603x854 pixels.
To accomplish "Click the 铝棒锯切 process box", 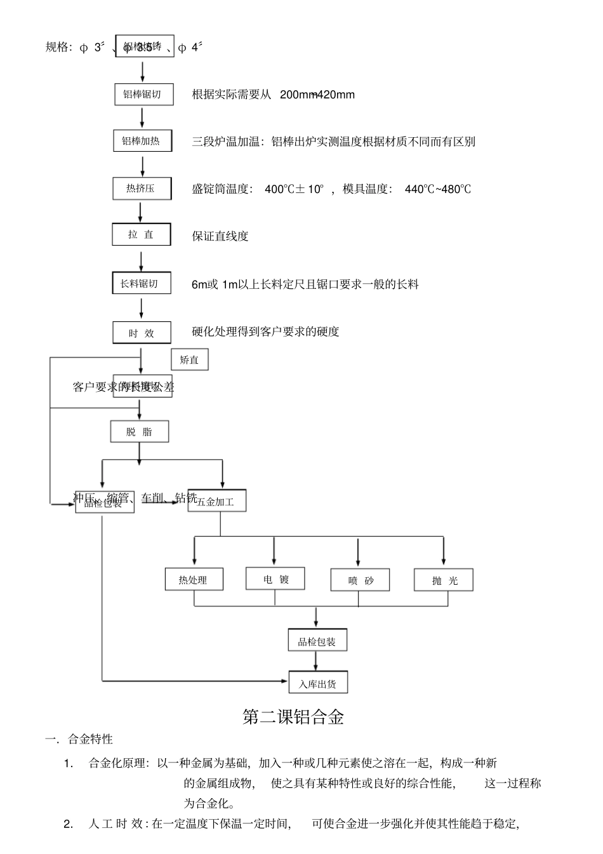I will (x=143, y=95).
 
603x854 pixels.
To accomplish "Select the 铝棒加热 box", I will (x=143, y=141).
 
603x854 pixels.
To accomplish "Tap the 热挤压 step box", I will (x=142, y=189).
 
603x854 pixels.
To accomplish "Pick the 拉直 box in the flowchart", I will (x=142, y=234).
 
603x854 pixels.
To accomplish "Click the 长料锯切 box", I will (x=140, y=283).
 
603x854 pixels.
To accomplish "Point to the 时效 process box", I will (x=142, y=333).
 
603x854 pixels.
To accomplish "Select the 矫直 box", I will (x=189, y=360).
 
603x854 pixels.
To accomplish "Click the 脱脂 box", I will (x=140, y=432).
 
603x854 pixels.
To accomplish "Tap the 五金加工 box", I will (x=216, y=501).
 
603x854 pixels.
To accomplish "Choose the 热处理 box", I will (x=194, y=580).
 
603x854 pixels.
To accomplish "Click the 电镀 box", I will (x=275, y=578).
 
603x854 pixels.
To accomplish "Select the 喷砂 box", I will (x=361, y=580).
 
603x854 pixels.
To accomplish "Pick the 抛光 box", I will (x=444, y=580).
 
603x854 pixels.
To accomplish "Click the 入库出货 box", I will (x=318, y=683).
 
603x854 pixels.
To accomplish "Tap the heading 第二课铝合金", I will (x=293, y=717).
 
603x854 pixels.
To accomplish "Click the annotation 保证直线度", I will (x=220, y=236).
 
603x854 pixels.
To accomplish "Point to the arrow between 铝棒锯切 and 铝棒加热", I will (x=142, y=117).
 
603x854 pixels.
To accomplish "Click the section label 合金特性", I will (x=91, y=739).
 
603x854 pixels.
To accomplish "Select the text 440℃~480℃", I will (x=438, y=189).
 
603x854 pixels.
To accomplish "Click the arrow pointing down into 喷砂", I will (x=358, y=552).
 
